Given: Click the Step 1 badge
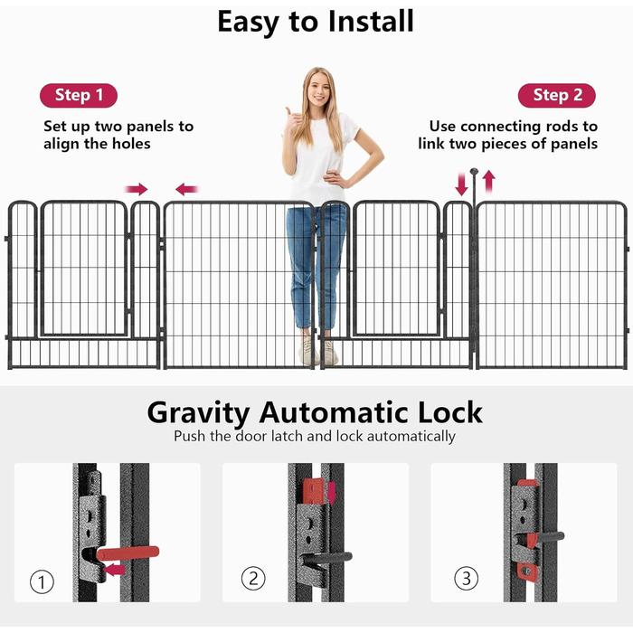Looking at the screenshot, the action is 79,95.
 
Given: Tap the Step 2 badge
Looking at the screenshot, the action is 557,95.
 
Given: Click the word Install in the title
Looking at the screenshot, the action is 371,21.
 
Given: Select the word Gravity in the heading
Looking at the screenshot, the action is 198,414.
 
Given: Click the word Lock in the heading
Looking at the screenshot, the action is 450,412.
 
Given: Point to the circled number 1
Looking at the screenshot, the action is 42,581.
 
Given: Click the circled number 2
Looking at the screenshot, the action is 253,578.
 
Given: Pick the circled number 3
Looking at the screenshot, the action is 467,578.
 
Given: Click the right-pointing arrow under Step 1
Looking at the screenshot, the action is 137,189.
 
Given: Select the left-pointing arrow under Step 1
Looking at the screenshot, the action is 187,189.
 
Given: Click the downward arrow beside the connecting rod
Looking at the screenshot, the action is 461,184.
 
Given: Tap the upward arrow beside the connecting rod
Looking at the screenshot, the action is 488,181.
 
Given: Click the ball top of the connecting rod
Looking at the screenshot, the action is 474,171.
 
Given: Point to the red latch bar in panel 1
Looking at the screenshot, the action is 128,553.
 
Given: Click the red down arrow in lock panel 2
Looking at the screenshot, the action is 332,494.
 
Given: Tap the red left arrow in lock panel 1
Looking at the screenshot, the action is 114,570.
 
